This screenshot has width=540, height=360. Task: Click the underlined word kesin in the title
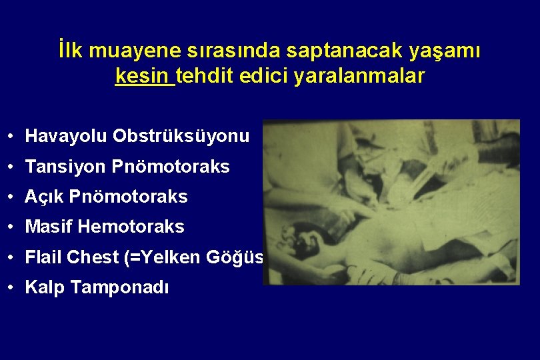[144, 76]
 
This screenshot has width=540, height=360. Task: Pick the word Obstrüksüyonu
[181, 137]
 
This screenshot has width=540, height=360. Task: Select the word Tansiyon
[65, 167]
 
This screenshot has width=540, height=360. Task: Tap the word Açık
[45, 197]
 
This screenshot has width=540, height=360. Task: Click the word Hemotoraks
[131, 227]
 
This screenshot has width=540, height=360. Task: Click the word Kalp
[45, 287]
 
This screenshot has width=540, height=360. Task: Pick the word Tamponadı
[119, 287]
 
